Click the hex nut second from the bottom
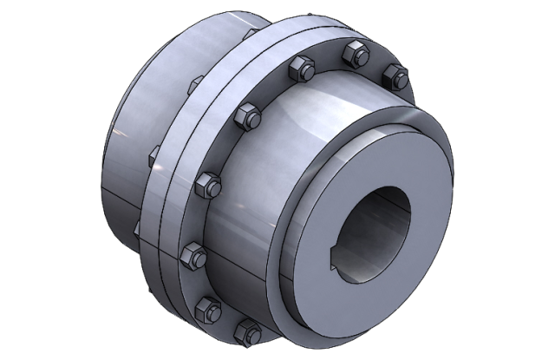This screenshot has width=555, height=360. point(207,305)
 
